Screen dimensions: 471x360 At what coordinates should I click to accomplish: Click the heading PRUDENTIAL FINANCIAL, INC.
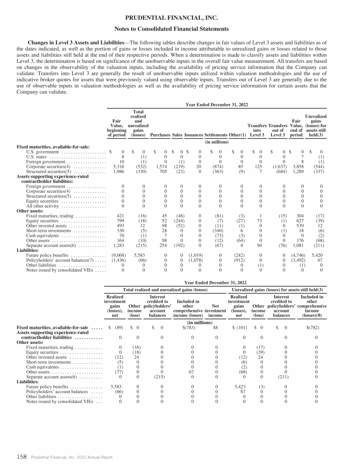coord(180,18)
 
